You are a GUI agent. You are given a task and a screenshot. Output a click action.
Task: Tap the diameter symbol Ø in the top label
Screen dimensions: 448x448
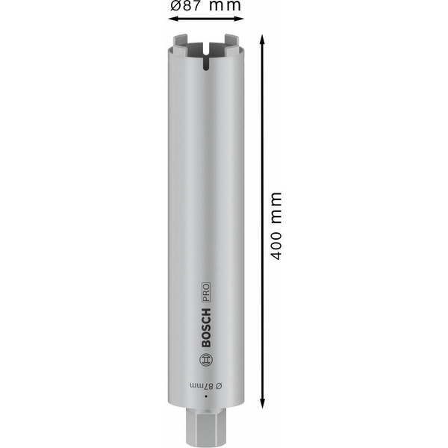176,7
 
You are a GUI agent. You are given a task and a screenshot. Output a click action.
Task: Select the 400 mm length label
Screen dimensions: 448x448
276,225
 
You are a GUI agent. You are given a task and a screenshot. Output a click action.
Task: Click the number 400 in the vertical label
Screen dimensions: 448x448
276,243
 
